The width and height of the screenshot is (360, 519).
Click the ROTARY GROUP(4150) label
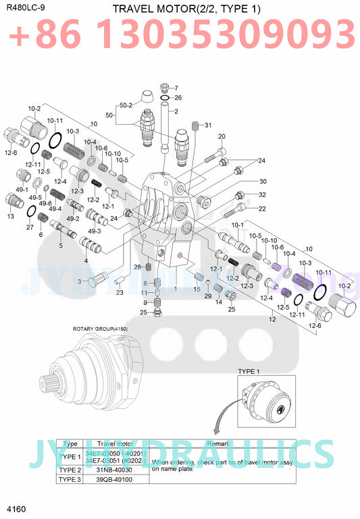[x=100, y=329]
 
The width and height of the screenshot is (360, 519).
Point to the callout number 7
[x=176, y=88]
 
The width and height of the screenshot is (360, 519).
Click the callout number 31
[x=207, y=125]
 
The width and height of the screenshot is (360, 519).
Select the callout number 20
[x=221, y=137]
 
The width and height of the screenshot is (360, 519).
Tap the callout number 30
[x=244, y=181]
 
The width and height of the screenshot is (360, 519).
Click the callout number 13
[x=10, y=217]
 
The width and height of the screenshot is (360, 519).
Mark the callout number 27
[x=29, y=227]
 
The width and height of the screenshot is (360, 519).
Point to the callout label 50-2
[x=126, y=105]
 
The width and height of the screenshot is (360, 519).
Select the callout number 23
[x=120, y=292]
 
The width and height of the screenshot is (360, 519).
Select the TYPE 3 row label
[x=70, y=480]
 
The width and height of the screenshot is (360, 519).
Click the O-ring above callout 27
[x=31, y=212]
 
